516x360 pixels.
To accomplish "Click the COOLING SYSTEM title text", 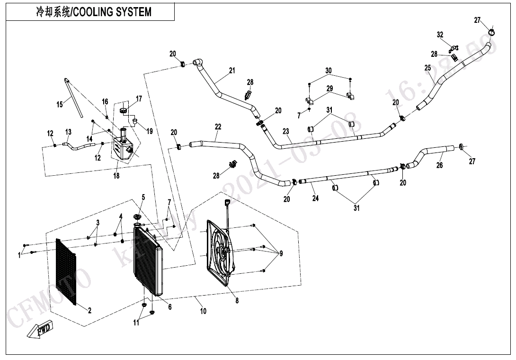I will tap(94, 12).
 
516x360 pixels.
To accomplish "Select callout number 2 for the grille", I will tap(89, 311).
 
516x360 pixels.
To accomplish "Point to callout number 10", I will tap(203, 311).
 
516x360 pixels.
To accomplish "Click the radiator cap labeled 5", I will tap(138, 217).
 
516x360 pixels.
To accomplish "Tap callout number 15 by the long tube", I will tap(60, 104).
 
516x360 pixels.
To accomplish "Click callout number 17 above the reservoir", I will tap(139, 99).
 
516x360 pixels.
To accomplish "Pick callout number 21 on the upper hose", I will tap(232, 71).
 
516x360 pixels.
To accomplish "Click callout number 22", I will tap(218, 127).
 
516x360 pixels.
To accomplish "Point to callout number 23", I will tap(286, 131).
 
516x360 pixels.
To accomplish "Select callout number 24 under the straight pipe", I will tap(315, 198).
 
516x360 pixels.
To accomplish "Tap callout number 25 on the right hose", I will tap(427, 68).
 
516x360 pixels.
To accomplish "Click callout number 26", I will tap(440, 165).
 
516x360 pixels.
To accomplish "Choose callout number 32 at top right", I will tap(440, 35).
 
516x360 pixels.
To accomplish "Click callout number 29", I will tap(329, 89).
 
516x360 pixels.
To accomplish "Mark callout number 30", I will tap(329, 71).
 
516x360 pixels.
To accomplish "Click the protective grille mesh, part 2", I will tap(66, 272).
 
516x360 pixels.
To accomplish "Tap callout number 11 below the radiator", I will tap(136, 323).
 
